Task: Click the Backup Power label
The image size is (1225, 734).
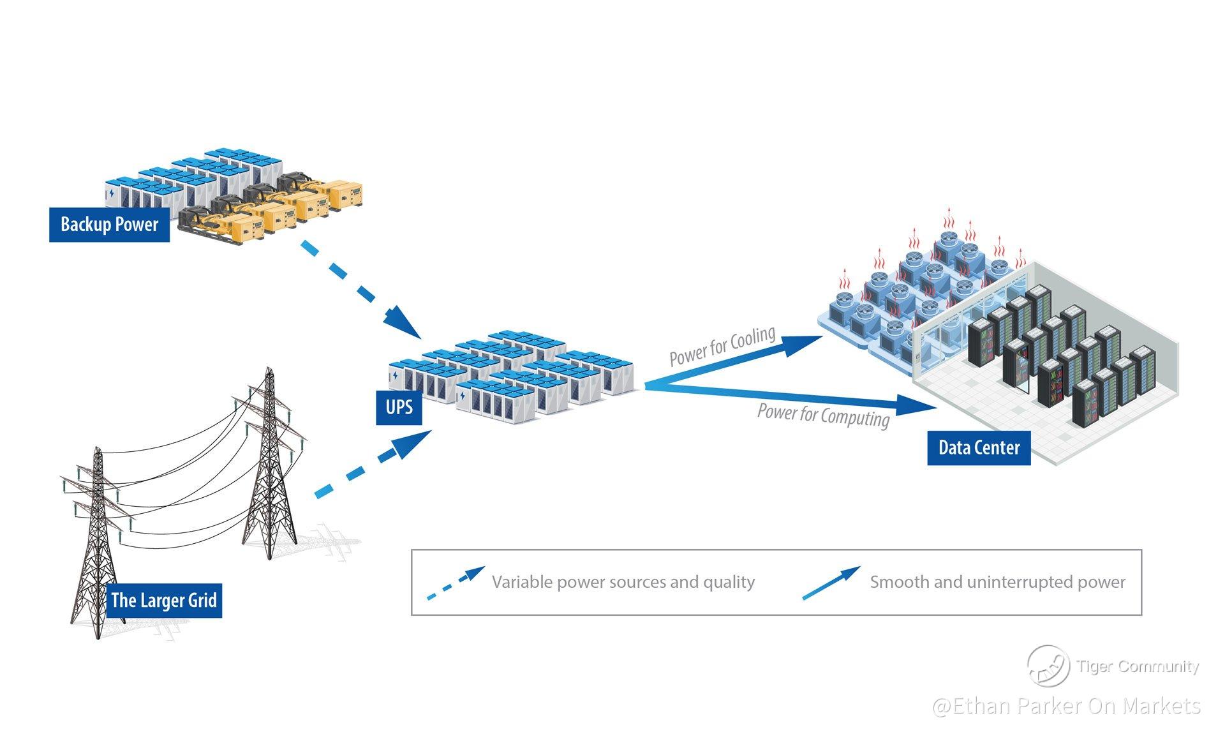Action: (x=109, y=225)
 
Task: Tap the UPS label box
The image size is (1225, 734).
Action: (x=399, y=407)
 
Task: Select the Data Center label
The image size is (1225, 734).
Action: (x=979, y=447)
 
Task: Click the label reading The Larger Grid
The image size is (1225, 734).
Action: (x=164, y=600)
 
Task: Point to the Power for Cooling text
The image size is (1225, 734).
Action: (x=722, y=346)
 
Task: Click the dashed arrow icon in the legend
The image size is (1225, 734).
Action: (x=456, y=583)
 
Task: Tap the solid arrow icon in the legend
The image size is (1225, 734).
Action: (x=831, y=583)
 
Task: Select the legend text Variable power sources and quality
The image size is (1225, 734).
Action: (x=623, y=582)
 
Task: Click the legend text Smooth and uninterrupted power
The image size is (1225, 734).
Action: (x=997, y=582)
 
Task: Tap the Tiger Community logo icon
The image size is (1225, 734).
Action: (x=1048, y=665)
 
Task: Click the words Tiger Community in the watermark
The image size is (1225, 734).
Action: (x=1138, y=666)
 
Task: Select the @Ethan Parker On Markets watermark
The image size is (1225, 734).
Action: (x=1066, y=706)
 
